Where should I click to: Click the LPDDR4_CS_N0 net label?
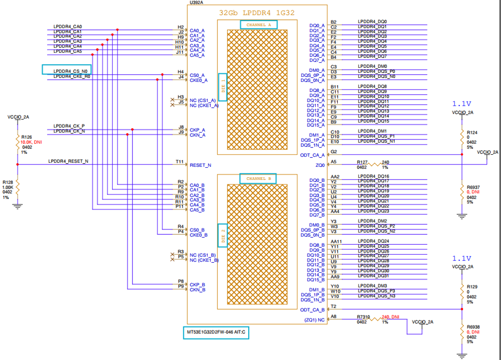[x=70, y=71]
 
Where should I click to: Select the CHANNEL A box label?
[x=259, y=24]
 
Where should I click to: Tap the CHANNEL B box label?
[x=259, y=179]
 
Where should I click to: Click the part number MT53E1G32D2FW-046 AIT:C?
[x=216, y=332]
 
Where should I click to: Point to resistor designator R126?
[x=26, y=137]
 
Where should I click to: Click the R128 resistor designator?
[x=8, y=182]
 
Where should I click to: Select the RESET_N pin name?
[x=200, y=165]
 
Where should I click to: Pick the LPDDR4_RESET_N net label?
[x=68, y=161]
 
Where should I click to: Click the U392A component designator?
[x=196, y=3]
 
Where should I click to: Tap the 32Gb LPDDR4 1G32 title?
[x=257, y=13]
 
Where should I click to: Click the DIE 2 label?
[x=223, y=235]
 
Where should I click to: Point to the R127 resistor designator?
[x=362, y=161]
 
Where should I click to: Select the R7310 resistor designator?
[x=363, y=317]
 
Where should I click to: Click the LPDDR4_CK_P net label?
[x=69, y=126]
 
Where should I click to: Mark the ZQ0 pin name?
[x=320, y=165]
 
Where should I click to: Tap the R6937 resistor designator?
[x=472, y=187]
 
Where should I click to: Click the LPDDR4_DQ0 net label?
[x=372, y=22]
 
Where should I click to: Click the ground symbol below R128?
[x=18, y=206]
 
